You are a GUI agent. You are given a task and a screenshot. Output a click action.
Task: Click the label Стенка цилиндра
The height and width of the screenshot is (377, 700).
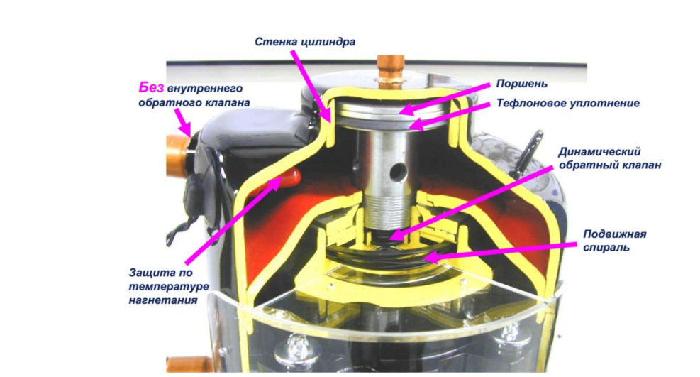pos(305,42)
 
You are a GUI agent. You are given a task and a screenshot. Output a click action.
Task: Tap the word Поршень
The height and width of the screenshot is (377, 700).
pos(521,84)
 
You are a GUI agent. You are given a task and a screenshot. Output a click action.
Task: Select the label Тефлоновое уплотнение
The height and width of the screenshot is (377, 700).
pos(568,103)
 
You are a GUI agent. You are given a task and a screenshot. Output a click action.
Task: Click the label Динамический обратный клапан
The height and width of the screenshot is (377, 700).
pos(609,158)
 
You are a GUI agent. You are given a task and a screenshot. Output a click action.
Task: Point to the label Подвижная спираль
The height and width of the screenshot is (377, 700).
pos(614,240)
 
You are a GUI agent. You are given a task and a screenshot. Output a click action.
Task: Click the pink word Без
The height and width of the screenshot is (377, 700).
pos(151,87)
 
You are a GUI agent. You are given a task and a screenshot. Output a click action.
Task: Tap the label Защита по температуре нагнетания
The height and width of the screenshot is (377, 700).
pos(169,286)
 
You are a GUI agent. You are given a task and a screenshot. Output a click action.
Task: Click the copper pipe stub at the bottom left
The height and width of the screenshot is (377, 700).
pos(188,364)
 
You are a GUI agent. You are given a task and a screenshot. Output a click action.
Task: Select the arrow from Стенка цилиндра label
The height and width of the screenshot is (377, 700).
pos(311,85)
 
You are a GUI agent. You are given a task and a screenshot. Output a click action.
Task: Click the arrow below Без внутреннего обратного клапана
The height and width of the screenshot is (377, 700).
pos(183,122)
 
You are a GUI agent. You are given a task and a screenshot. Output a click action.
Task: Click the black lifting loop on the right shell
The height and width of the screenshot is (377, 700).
pos(528,153)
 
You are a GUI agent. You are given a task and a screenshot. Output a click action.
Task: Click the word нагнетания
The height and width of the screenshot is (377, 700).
pos(163,300)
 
